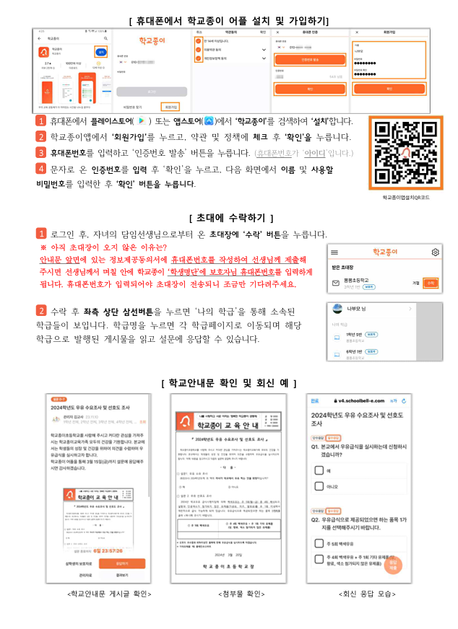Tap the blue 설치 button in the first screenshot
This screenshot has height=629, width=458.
pos(100,52)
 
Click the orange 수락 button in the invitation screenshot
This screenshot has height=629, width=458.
pos(431,283)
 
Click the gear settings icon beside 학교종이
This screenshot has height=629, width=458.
pos(435,252)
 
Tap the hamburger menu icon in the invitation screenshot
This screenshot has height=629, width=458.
pos(334,252)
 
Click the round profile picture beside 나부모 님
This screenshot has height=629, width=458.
pos(337,309)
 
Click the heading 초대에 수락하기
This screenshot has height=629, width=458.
pos(230,217)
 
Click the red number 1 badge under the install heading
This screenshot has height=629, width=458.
pos(41,120)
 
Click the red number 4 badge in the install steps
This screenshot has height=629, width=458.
pos(41,169)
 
